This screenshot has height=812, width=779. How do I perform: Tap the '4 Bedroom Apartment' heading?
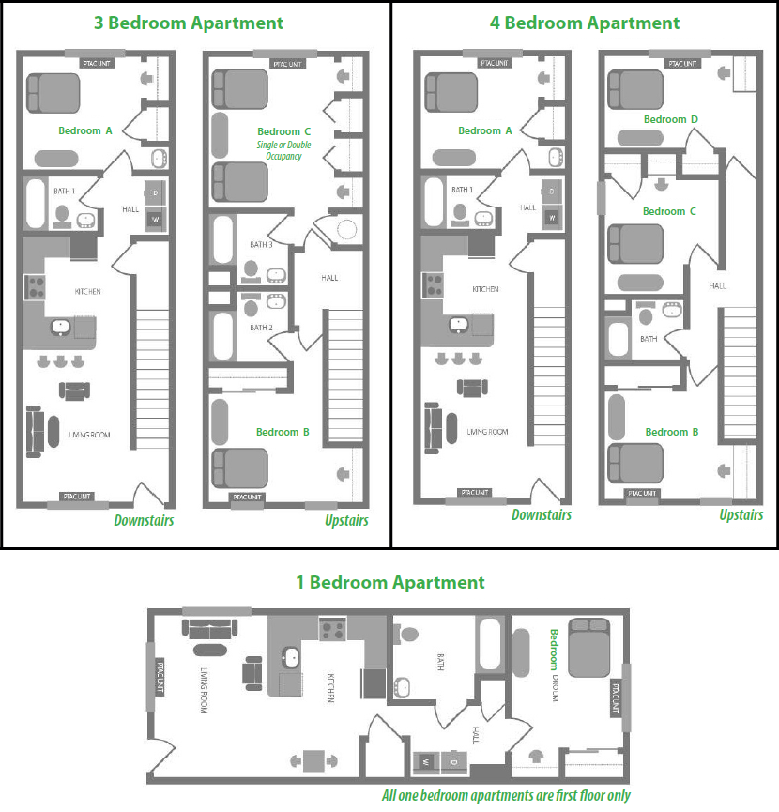(x=585, y=23)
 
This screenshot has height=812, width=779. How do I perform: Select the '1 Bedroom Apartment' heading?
(x=389, y=583)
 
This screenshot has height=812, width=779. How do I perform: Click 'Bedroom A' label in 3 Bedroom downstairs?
(x=85, y=130)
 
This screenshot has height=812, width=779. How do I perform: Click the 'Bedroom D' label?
(x=670, y=119)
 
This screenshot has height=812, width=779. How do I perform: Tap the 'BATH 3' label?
(x=261, y=244)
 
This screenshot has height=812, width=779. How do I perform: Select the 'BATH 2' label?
(x=261, y=328)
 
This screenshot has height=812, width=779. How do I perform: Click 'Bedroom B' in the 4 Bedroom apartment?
(x=672, y=432)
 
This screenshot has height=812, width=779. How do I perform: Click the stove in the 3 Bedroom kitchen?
(x=36, y=286)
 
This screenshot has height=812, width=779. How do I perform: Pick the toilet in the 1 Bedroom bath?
(x=407, y=634)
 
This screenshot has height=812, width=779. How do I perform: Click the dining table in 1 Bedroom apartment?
(x=313, y=759)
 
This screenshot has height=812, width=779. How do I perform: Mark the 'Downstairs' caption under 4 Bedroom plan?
(x=542, y=514)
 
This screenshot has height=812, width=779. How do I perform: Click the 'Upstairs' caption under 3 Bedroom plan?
(x=346, y=520)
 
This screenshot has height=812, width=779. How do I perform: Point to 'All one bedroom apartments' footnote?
(x=506, y=795)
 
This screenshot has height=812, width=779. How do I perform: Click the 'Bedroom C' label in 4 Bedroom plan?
(x=670, y=211)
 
